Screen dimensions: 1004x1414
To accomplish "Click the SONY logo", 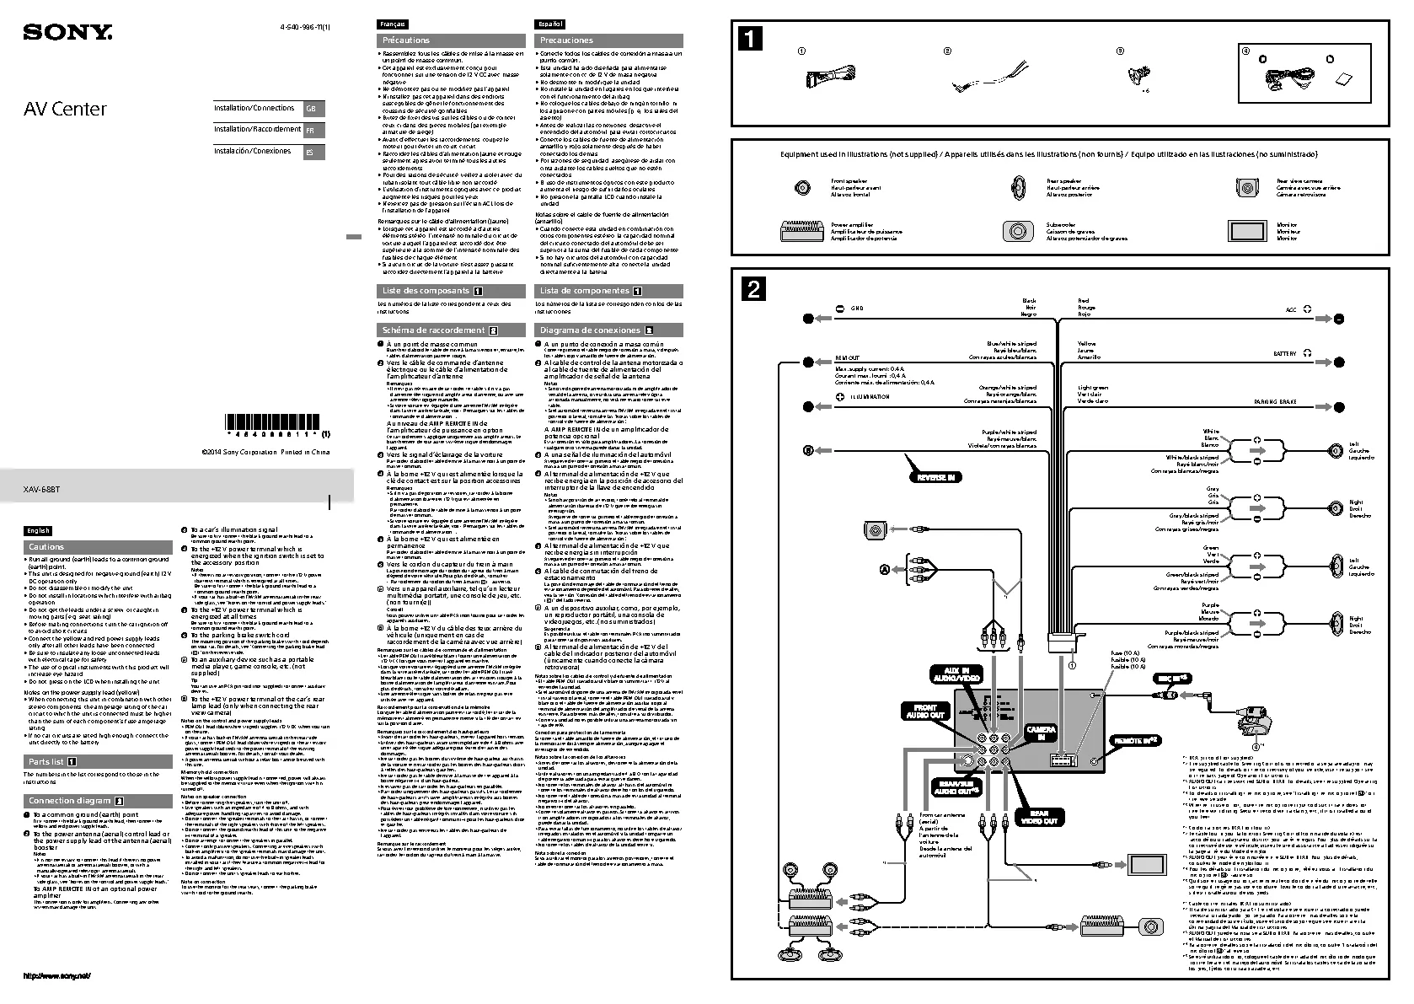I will click(67, 34).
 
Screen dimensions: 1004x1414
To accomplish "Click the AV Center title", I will click(64, 109).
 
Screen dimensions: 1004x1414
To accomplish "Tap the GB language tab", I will click(312, 110).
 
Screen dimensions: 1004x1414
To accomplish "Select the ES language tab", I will click(312, 153).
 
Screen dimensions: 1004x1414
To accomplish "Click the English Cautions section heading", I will click(46, 547).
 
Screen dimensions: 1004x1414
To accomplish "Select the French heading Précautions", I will click(406, 40).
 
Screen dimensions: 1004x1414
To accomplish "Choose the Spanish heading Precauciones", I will click(566, 40).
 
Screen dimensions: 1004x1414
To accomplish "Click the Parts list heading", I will click(46, 761).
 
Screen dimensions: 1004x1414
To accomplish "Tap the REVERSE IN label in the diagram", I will click(935, 477).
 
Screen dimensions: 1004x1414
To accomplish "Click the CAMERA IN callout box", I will click(1040, 733).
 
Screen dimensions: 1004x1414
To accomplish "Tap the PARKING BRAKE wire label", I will click(1275, 403).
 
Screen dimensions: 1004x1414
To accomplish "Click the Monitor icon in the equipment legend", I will click(1247, 231).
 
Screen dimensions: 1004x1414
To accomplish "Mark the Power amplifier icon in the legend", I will click(802, 231).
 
